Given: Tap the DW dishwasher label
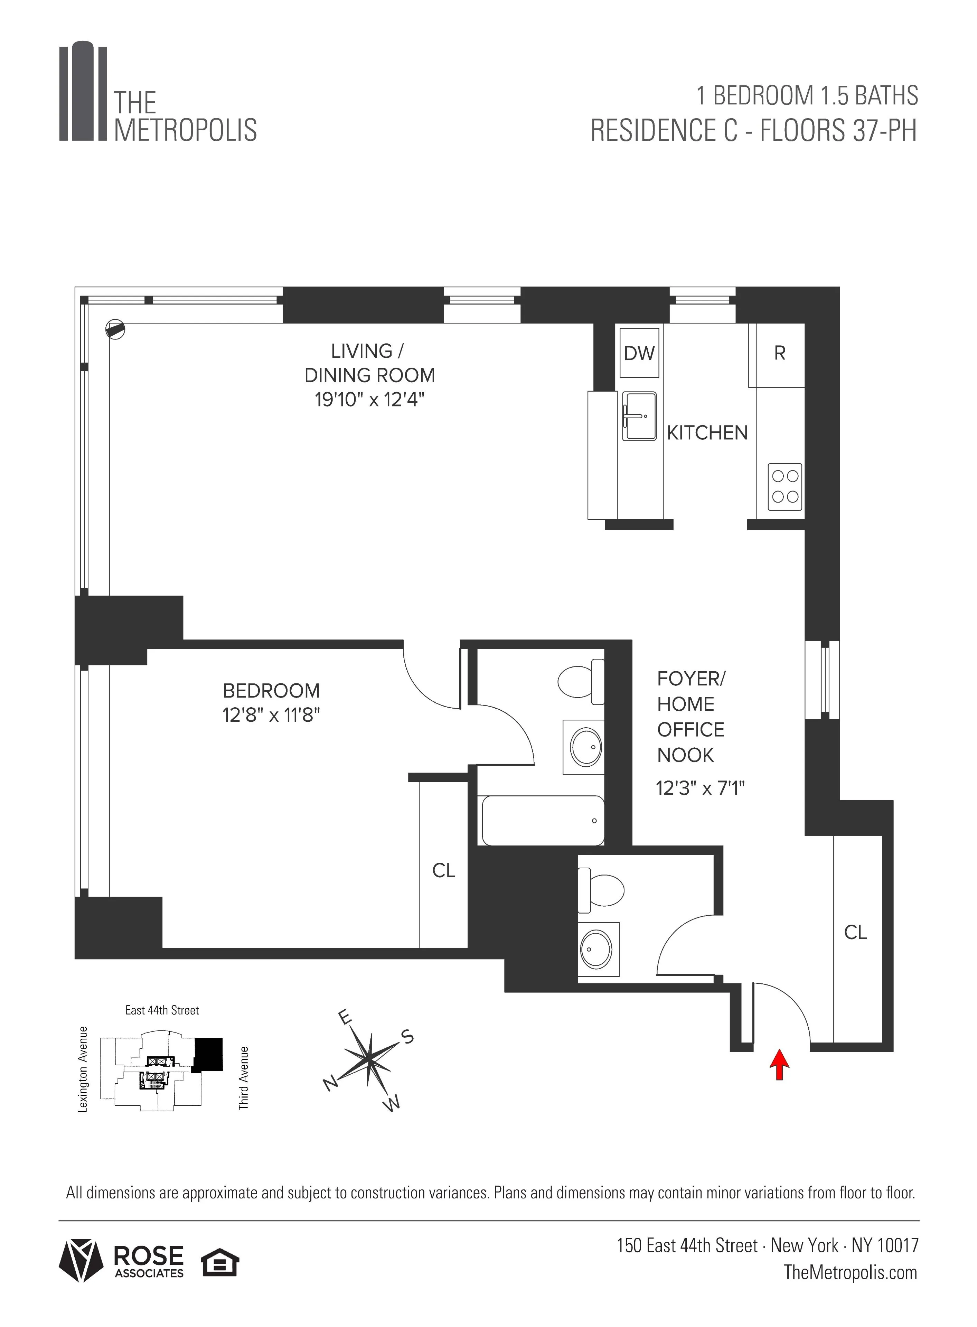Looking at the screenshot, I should [x=639, y=354].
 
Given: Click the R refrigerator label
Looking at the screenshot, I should [x=779, y=353].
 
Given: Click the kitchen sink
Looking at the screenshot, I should [x=639, y=416].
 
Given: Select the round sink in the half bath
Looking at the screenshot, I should [x=599, y=948].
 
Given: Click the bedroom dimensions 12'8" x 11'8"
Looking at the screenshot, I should [x=271, y=716].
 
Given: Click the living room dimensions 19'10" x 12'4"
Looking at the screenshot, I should [x=370, y=400].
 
